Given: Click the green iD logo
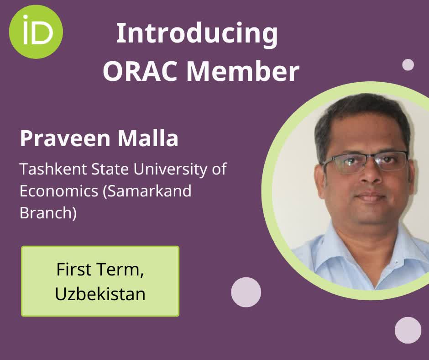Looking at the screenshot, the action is (36, 32).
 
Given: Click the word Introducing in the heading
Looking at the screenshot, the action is (197, 34).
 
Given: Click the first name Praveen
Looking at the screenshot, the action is (65, 138).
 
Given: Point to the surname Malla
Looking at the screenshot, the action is (148, 138).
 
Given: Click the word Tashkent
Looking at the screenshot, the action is (53, 169).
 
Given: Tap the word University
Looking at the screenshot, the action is (171, 169).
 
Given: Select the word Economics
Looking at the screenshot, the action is (59, 191).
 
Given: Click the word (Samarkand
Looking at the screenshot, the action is (147, 191).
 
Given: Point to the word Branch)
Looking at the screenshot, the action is (48, 213).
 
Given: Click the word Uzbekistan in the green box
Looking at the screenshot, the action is (100, 294).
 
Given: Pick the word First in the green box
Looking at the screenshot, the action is (73, 270).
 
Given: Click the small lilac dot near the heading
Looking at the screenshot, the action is (408, 65).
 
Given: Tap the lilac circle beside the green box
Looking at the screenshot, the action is (246, 292).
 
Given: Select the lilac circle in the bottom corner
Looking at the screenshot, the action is (408, 330).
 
